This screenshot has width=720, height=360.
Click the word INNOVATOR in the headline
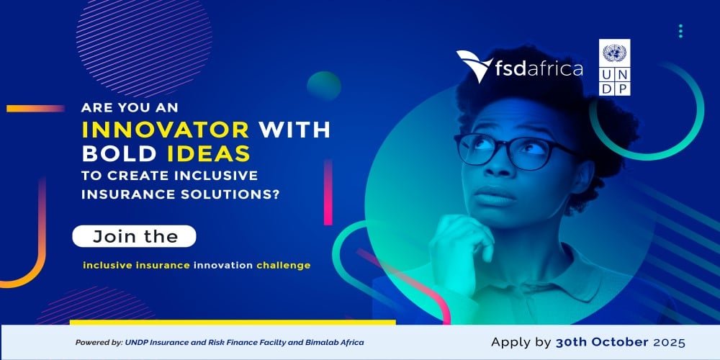click(x=166, y=130)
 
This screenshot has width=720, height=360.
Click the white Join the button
click(x=134, y=235)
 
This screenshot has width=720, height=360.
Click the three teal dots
click(x=680, y=31)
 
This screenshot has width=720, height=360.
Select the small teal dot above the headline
click(x=323, y=86)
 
